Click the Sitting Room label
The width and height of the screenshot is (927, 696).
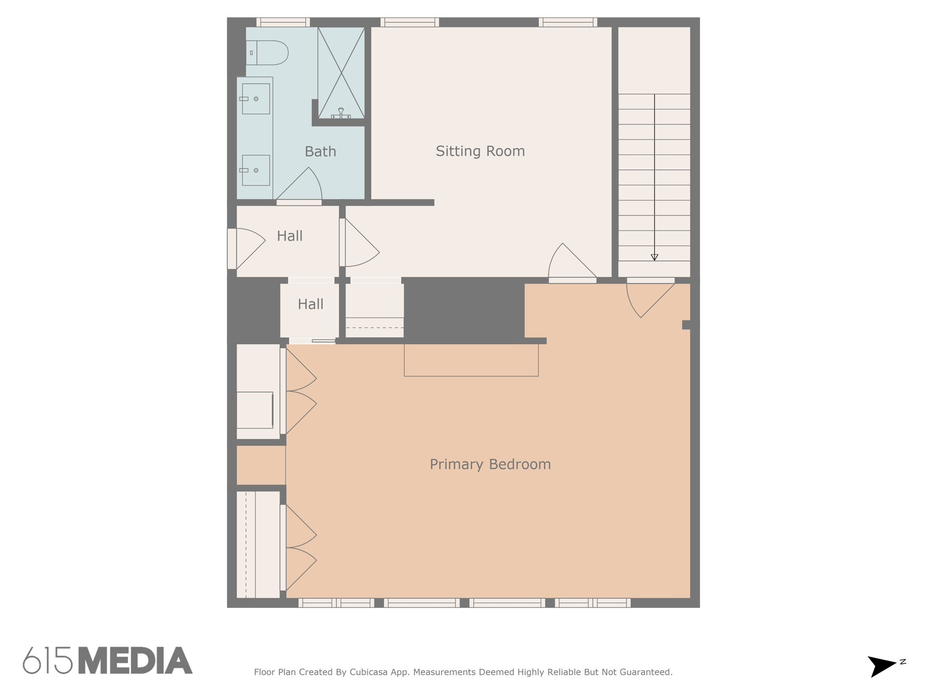tap(480, 151)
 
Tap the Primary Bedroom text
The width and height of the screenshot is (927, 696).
tap(490, 464)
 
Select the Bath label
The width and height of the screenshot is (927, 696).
tap(320, 151)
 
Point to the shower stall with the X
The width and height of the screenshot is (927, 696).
tap(341, 72)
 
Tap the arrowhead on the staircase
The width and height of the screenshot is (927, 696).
tap(654, 257)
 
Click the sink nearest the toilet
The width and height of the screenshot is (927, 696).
tap(256, 98)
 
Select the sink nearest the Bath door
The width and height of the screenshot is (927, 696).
tap(256, 170)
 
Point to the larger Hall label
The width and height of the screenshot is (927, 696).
tap(290, 236)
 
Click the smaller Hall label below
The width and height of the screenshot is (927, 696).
tap(311, 304)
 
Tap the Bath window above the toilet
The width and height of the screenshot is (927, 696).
tap(283, 22)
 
